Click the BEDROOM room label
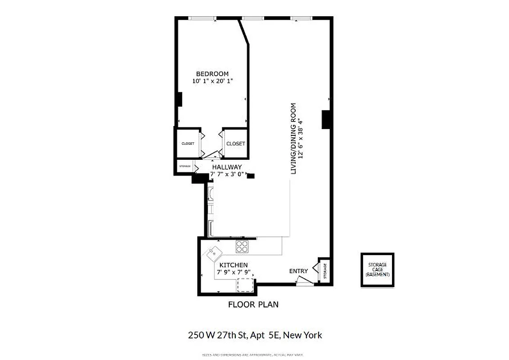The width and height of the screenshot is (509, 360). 212,74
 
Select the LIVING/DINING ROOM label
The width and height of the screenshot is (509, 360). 293,139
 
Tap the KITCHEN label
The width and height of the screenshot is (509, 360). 233,265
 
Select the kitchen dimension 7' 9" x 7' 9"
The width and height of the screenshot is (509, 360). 233,273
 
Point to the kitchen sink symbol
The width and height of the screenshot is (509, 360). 214,253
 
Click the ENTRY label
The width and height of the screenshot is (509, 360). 298,271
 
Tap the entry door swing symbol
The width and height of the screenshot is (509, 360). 304,280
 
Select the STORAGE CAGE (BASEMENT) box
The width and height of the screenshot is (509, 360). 377,270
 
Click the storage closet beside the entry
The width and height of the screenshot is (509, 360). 325,270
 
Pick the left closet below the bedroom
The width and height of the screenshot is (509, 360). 188,144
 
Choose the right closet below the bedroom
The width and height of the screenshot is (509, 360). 235,144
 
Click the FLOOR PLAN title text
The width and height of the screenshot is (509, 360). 253,305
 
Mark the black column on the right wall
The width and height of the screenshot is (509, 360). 326,120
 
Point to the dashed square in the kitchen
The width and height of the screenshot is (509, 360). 245,285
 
